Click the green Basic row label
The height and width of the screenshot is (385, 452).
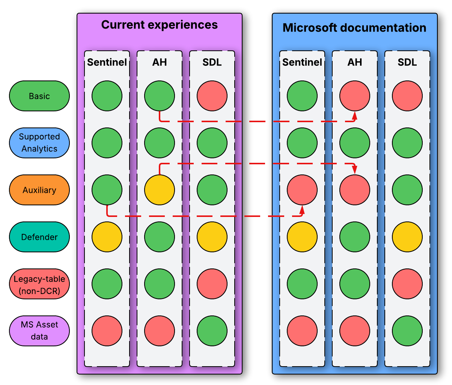click(39, 96)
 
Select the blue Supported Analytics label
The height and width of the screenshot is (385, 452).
click(39, 143)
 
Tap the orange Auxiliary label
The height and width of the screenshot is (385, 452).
click(39, 190)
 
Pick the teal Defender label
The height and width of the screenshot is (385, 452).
click(39, 237)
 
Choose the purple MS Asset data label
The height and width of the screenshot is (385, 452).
click(39, 331)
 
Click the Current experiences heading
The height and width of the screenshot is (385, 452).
click(160, 25)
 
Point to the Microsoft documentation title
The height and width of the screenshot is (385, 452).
click(354, 28)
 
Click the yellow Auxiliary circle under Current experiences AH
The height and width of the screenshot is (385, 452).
click(160, 190)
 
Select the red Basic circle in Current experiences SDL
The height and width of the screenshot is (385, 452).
click(212, 96)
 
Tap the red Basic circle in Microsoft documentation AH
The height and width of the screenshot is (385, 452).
click(355, 96)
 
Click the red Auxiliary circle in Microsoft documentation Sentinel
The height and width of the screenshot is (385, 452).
click(302, 190)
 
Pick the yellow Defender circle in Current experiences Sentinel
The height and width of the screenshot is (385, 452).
click(107, 237)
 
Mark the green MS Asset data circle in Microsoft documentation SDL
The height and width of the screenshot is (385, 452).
click(407, 331)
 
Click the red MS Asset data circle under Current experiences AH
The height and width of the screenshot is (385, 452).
click(160, 331)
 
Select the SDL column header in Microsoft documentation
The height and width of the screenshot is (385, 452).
click(407, 62)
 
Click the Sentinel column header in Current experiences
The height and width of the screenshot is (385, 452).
click(107, 62)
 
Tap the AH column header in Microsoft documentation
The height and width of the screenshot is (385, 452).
click(355, 62)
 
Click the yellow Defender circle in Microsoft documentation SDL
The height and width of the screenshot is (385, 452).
click(407, 237)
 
